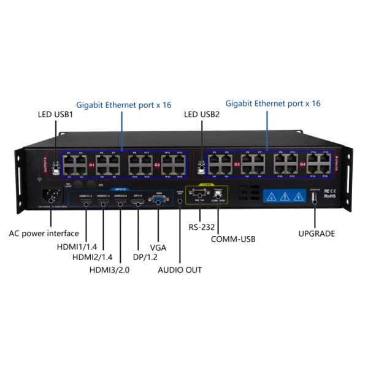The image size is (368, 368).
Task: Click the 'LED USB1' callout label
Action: click(x=56, y=114)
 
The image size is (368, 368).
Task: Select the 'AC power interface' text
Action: click(x=44, y=233)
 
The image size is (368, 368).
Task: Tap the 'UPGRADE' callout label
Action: click(x=316, y=234)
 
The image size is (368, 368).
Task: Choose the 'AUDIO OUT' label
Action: click(x=180, y=269)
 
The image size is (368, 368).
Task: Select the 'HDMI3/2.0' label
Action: click(x=109, y=269)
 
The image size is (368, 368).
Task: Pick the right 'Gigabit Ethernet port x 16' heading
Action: click(x=273, y=104)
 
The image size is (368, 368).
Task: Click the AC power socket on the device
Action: click(x=49, y=197)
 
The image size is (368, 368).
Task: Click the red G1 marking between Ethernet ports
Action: click(x=91, y=166)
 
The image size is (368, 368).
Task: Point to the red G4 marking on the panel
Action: click(x=302, y=166)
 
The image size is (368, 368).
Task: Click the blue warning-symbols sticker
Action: click(x=284, y=197)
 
